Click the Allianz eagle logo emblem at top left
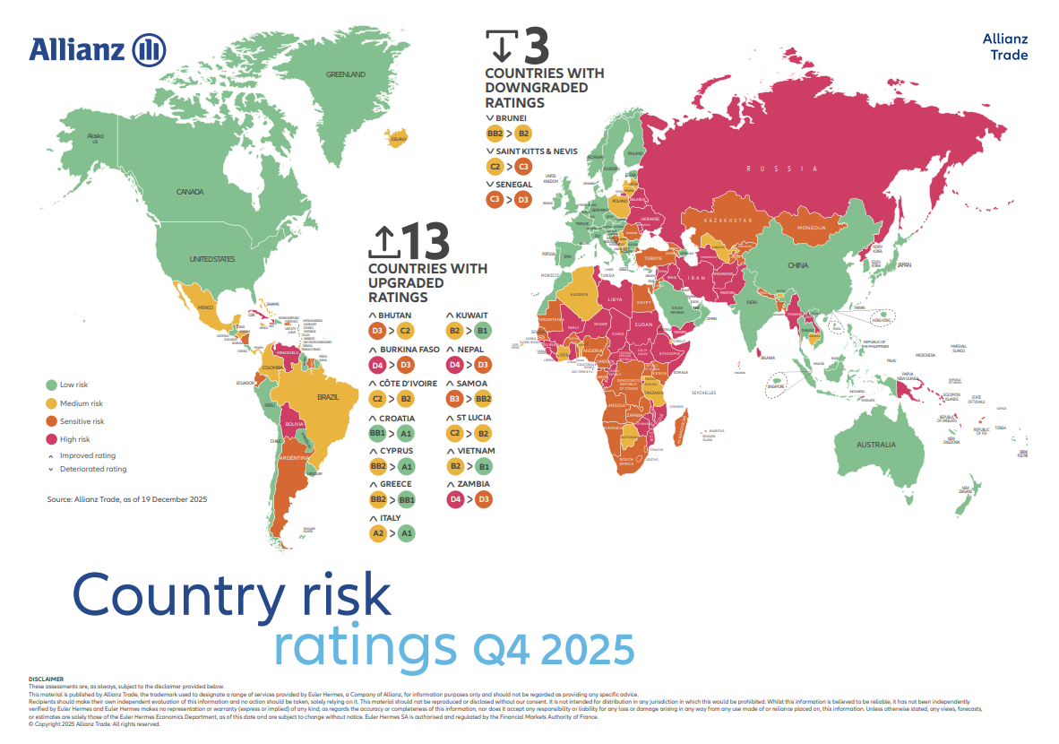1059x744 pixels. point(149,49)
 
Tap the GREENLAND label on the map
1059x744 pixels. point(345,74)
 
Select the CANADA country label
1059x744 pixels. point(190,192)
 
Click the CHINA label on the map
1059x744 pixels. point(797,265)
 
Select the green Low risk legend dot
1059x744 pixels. point(52,385)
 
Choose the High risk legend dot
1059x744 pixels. point(52,438)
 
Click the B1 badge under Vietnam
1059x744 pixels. point(484,467)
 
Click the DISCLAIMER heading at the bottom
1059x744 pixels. point(46,679)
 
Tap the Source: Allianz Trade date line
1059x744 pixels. point(127,498)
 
